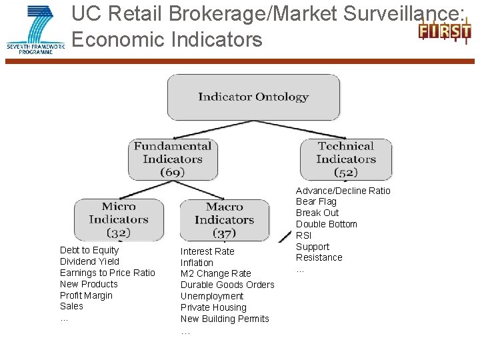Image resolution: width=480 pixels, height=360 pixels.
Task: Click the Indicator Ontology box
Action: (x=253, y=97)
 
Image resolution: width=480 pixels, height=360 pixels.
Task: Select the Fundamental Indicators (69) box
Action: (x=173, y=159)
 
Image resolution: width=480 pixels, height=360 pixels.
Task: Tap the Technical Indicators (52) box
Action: (x=346, y=159)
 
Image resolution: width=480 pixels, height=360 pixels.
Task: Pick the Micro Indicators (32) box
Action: (x=119, y=219)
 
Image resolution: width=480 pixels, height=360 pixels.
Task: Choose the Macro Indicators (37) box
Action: (x=225, y=220)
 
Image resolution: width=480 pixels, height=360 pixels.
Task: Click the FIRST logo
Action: (x=444, y=31)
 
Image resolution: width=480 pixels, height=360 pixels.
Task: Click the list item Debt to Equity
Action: (x=89, y=250)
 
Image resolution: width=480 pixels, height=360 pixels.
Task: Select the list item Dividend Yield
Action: (x=89, y=261)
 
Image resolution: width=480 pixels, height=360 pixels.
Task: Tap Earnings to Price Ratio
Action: (x=107, y=273)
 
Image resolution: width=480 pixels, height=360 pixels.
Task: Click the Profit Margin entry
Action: (x=86, y=295)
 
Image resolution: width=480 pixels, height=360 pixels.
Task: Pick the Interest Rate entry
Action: (x=207, y=251)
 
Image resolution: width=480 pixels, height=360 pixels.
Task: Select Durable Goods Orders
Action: (x=227, y=285)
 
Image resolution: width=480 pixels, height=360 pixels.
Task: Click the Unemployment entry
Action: (x=212, y=296)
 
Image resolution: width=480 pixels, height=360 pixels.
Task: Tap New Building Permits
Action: (x=225, y=319)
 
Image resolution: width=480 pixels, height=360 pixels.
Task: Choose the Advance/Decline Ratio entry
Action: (x=343, y=191)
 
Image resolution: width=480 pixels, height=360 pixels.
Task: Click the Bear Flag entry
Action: (x=316, y=201)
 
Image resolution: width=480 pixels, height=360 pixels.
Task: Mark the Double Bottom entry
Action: (x=326, y=224)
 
